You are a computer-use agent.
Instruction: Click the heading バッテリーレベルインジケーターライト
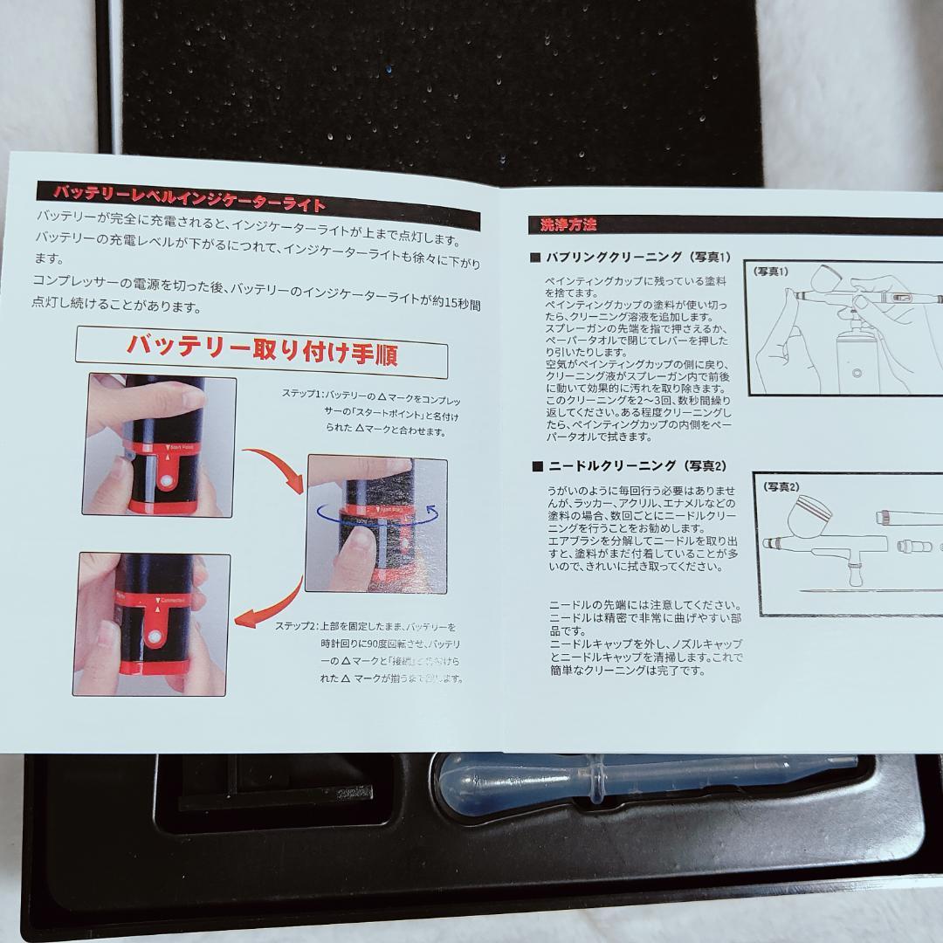tap(188, 196)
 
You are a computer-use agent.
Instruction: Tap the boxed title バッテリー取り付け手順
tap(262, 346)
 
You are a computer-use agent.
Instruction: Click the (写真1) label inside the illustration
tap(772, 272)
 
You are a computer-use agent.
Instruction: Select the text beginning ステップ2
tap(371, 651)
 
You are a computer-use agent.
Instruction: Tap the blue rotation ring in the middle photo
tap(375, 515)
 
